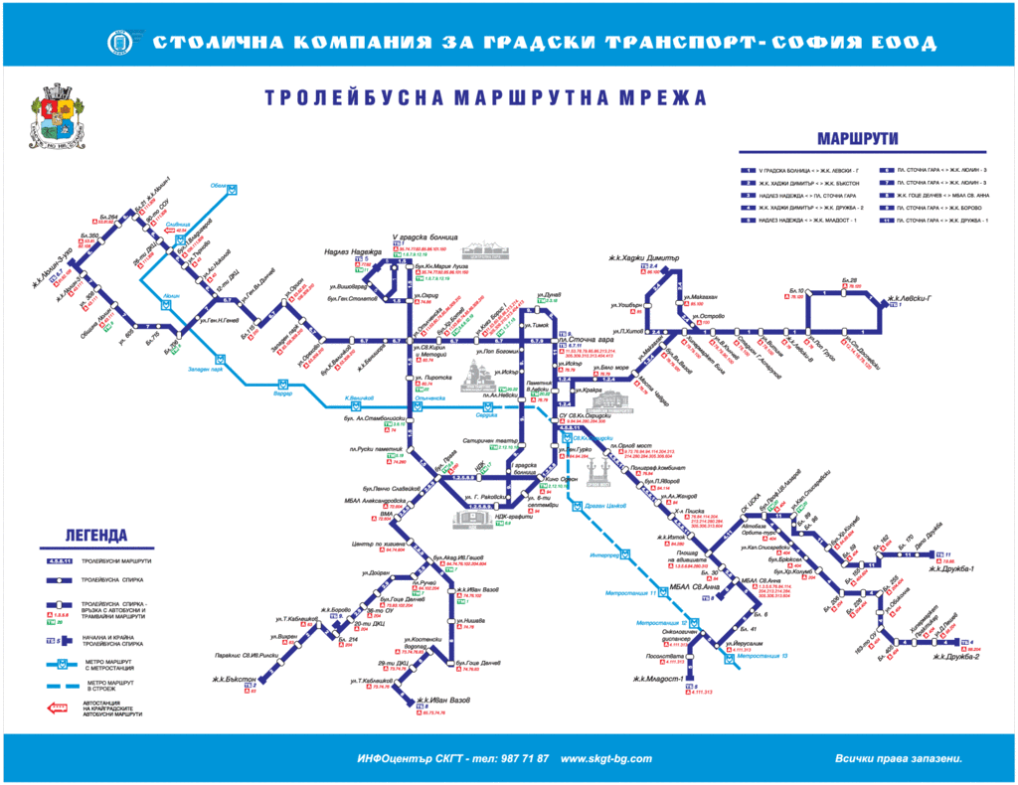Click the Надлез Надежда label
(x=349, y=252)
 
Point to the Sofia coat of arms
(x=56, y=117)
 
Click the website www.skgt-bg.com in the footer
(x=606, y=758)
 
